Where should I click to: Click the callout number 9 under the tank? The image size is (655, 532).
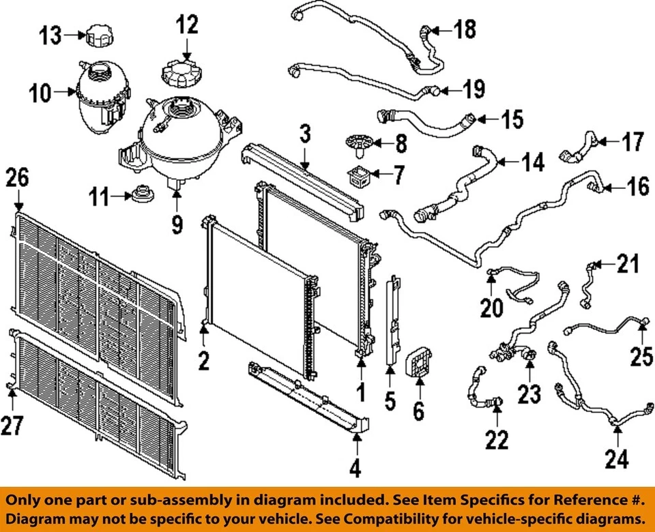(177, 224)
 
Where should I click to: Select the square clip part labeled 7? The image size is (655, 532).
(360, 176)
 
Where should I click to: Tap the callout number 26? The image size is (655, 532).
(18, 179)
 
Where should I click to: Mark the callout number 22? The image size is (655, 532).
(497, 440)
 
